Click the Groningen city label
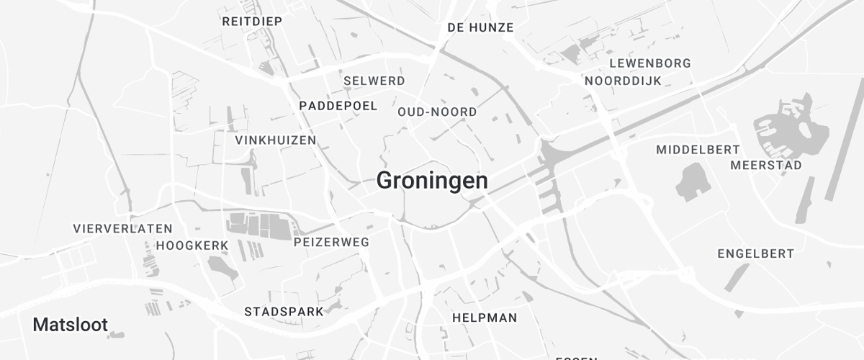432,181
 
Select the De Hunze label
480,27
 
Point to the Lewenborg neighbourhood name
649,63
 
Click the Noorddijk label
623,81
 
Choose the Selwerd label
374,81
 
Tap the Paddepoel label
338,106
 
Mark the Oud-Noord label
437,112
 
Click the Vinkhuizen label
276,140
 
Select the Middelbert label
698,150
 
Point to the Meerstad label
766,166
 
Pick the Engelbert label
756,253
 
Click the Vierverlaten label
122,228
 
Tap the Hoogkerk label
192,246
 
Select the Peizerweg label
332,243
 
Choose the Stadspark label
284,312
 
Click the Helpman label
485,317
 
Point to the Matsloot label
71,325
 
